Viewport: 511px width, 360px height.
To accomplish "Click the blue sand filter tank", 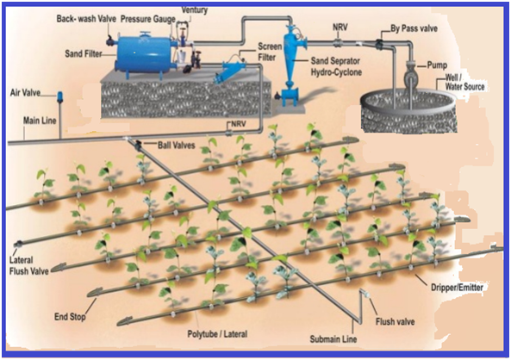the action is [x=143, y=53].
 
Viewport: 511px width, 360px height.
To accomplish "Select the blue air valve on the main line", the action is [x=60, y=97].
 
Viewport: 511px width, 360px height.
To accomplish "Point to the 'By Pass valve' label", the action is [x=414, y=28].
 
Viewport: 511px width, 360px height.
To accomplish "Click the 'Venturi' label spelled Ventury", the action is [x=195, y=9].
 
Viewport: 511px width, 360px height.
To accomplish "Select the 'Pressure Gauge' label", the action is [x=148, y=19].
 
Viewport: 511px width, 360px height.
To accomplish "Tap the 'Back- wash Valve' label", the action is [x=86, y=19].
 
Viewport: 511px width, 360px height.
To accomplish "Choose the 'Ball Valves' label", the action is [x=177, y=145].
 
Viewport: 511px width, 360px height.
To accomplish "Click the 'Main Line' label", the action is [x=40, y=121].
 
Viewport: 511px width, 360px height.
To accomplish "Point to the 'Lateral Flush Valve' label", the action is [x=29, y=265].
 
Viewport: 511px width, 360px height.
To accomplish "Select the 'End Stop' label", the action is [x=70, y=317].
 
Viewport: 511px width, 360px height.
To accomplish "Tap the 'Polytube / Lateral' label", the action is [x=217, y=334].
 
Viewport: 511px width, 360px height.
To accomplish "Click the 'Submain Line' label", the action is [x=333, y=339].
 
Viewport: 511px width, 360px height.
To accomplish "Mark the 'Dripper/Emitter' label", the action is [x=457, y=287].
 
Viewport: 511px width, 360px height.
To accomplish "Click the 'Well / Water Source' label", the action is [x=464, y=82].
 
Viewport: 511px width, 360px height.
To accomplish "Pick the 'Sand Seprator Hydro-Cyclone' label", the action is [x=336, y=66].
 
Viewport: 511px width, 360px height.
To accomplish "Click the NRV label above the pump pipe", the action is [x=340, y=27].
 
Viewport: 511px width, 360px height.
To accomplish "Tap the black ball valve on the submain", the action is [x=138, y=144].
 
